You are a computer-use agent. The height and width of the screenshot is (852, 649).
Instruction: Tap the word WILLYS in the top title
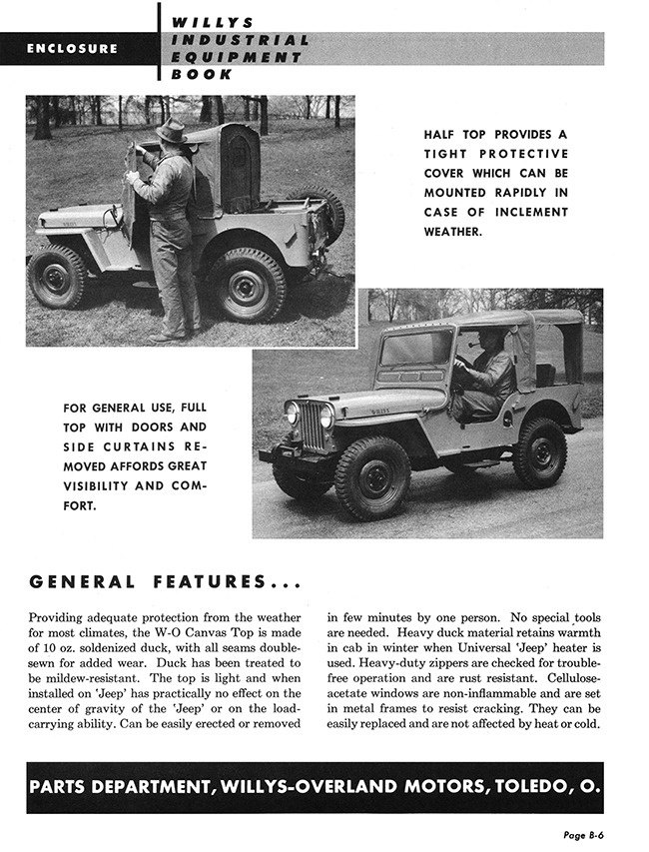(214, 22)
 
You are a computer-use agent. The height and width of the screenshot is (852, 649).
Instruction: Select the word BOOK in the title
(203, 74)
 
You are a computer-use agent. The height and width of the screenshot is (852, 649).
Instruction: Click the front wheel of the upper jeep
(58, 277)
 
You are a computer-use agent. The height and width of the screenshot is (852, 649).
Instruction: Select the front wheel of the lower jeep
(372, 477)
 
